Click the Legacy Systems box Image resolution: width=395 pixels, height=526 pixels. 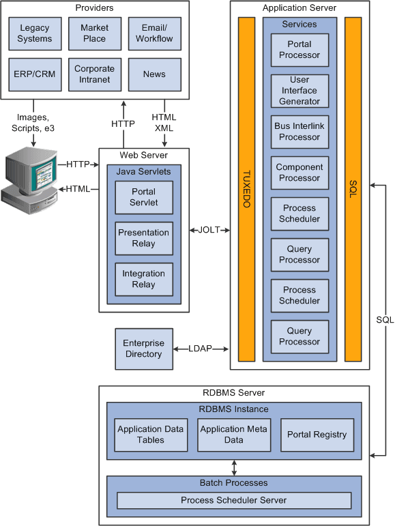pos(35,33)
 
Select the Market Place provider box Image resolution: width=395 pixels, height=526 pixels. pos(94,33)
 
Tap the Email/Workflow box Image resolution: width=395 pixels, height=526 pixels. pos(154,33)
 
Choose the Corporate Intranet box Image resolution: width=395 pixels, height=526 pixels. pos(94,74)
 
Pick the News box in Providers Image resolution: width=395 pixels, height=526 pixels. pos(154,74)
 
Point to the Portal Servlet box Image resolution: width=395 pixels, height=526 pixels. pos(144,197)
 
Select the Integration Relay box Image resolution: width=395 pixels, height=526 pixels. pos(144,279)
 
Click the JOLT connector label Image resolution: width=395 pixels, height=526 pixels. pos(209,230)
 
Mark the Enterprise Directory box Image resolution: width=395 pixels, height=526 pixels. pos(144,349)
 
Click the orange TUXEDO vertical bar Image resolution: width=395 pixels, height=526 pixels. pos(246,189)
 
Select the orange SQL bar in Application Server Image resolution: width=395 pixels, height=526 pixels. pos(353,189)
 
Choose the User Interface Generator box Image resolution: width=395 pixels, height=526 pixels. pos(299,91)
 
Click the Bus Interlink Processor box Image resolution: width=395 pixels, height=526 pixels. pos(299,132)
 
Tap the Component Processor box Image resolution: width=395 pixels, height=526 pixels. pos(299,173)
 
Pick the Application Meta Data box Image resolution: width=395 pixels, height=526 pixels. pos(233,435)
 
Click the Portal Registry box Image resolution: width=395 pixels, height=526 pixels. pos(317,435)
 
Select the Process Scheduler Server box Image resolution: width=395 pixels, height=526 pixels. pos(234,500)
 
